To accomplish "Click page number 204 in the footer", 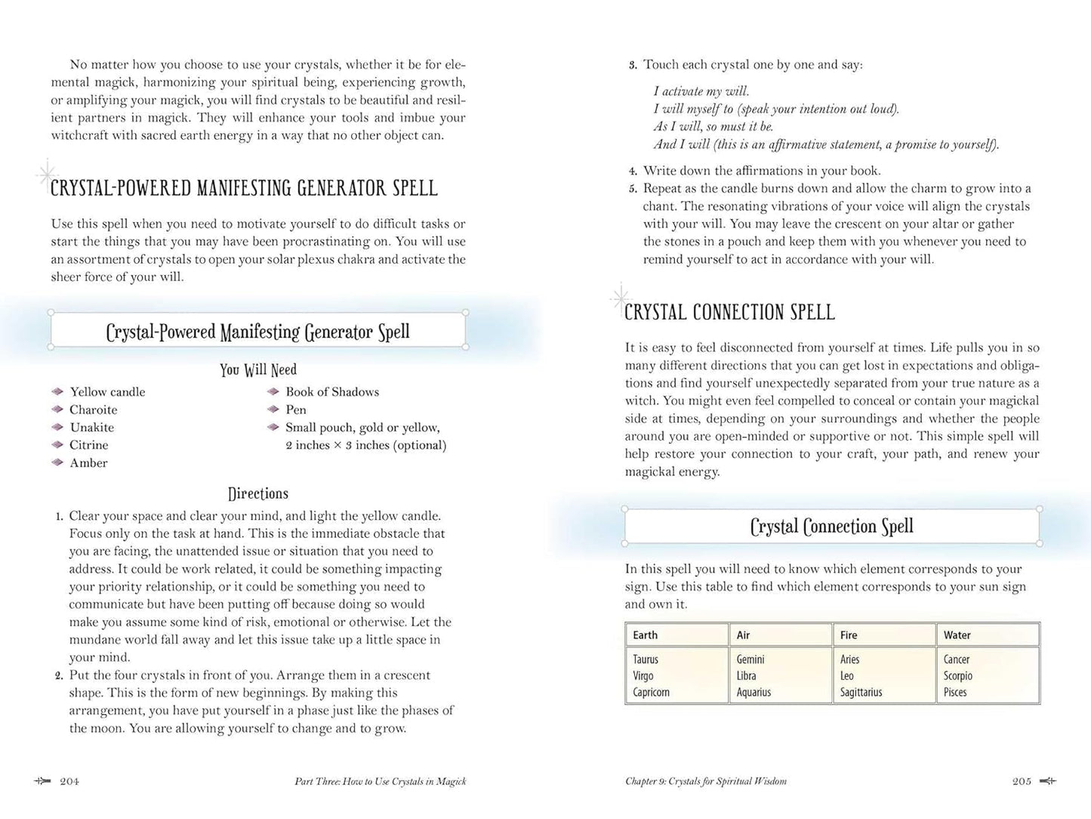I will pyautogui.click(x=69, y=781).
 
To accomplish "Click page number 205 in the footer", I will pyautogui.click(x=1022, y=781).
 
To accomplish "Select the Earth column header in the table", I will pyautogui.click(x=646, y=635).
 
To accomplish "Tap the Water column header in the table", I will pyautogui.click(x=957, y=635).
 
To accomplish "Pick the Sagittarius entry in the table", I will pyautogui.click(x=861, y=692).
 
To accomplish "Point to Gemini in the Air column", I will pyautogui.click(x=750, y=660).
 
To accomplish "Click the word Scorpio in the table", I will pyautogui.click(x=957, y=675).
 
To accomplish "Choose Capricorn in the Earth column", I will pyautogui.click(x=651, y=692).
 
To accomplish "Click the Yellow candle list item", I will pyautogui.click(x=107, y=391).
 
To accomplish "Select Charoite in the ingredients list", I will pyautogui.click(x=94, y=409).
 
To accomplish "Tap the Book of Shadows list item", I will pyautogui.click(x=332, y=391).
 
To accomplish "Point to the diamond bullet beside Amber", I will pyautogui.click(x=57, y=462).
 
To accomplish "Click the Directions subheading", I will pyautogui.click(x=258, y=493).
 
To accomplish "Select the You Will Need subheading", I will pyautogui.click(x=258, y=369).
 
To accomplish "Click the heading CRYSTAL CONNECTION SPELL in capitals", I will pyautogui.click(x=729, y=312).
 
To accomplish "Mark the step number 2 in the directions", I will pyautogui.click(x=59, y=675).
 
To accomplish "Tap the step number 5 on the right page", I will pyautogui.click(x=633, y=189).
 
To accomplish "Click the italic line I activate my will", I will pyautogui.click(x=701, y=91).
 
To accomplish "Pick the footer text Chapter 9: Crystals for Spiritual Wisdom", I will pyautogui.click(x=706, y=781).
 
